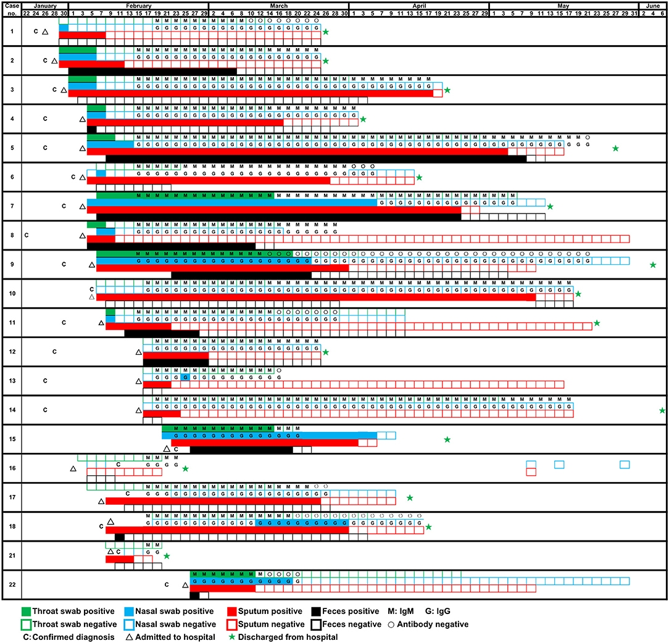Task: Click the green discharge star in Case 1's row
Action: (325, 32)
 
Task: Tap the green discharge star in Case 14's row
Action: (662, 410)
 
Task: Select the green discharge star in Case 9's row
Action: (653, 265)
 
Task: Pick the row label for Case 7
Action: (11, 205)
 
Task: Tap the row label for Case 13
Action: (11, 381)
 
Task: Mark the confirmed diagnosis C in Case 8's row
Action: (27, 235)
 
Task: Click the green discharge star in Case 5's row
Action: (615, 148)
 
